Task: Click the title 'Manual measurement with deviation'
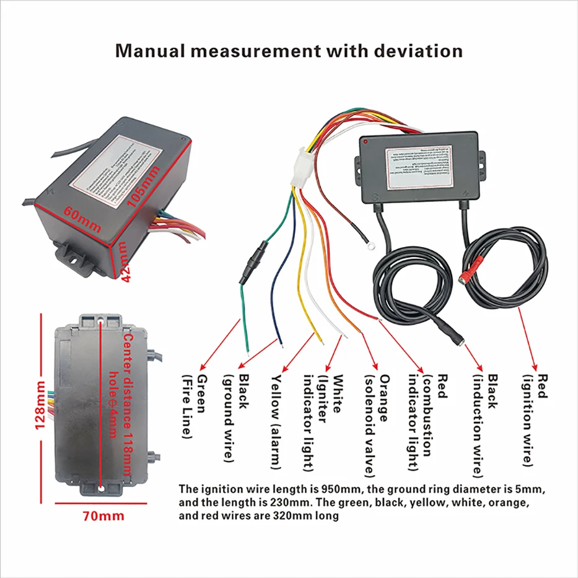pyautogui.click(x=289, y=50)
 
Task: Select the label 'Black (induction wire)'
pyautogui.click(x=485, y=424)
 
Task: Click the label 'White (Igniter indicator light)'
pyautogui.click(x=323, y=421)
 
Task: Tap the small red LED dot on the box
pyautogui.click(x=367, y=144)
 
